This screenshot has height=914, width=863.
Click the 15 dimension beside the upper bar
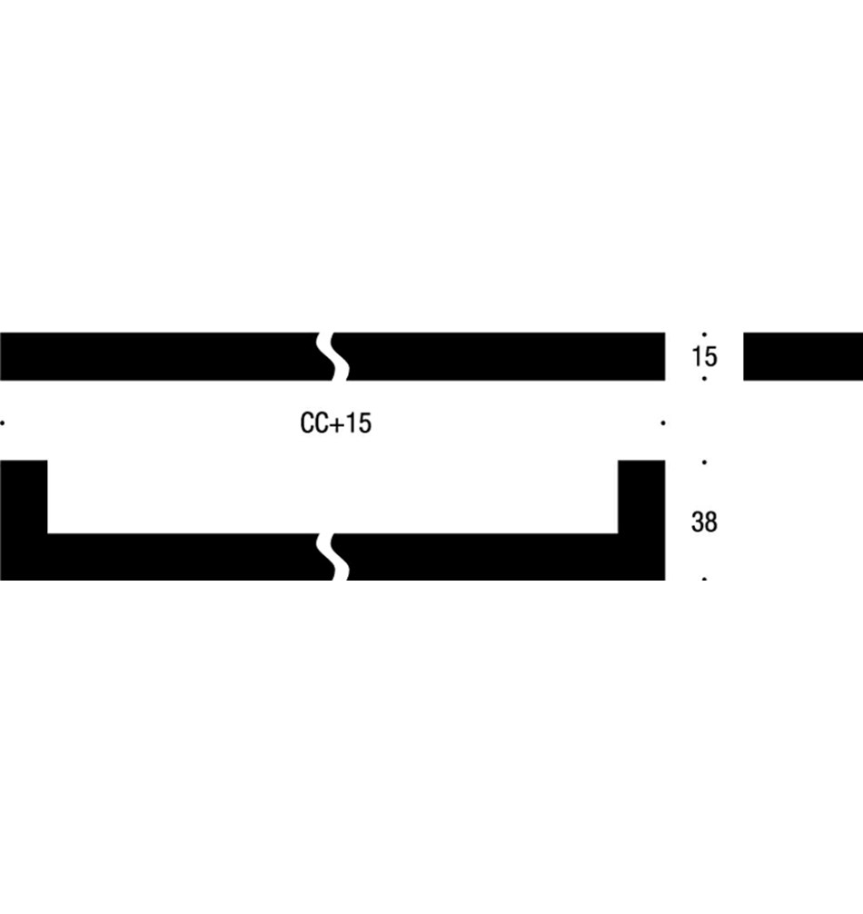(704, 356)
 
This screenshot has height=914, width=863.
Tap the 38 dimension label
(704, 522)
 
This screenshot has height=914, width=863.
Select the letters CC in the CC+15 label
(313, 423)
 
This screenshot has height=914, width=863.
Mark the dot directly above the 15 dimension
(705, 334)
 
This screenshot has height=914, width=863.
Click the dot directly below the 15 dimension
(705, 378)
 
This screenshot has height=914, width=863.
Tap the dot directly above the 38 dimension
(705, 462)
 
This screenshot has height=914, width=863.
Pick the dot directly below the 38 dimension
(705, 579)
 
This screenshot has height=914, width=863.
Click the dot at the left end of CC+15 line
(4, 422)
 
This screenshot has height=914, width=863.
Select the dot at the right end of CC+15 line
(664, 422)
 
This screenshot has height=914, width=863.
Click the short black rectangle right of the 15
(803, 356)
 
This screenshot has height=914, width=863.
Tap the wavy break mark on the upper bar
(333, 356)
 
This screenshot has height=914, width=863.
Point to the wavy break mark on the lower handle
(333, 556)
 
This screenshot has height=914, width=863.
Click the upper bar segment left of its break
(159, 356)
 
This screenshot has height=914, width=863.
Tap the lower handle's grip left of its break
(182, 556)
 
